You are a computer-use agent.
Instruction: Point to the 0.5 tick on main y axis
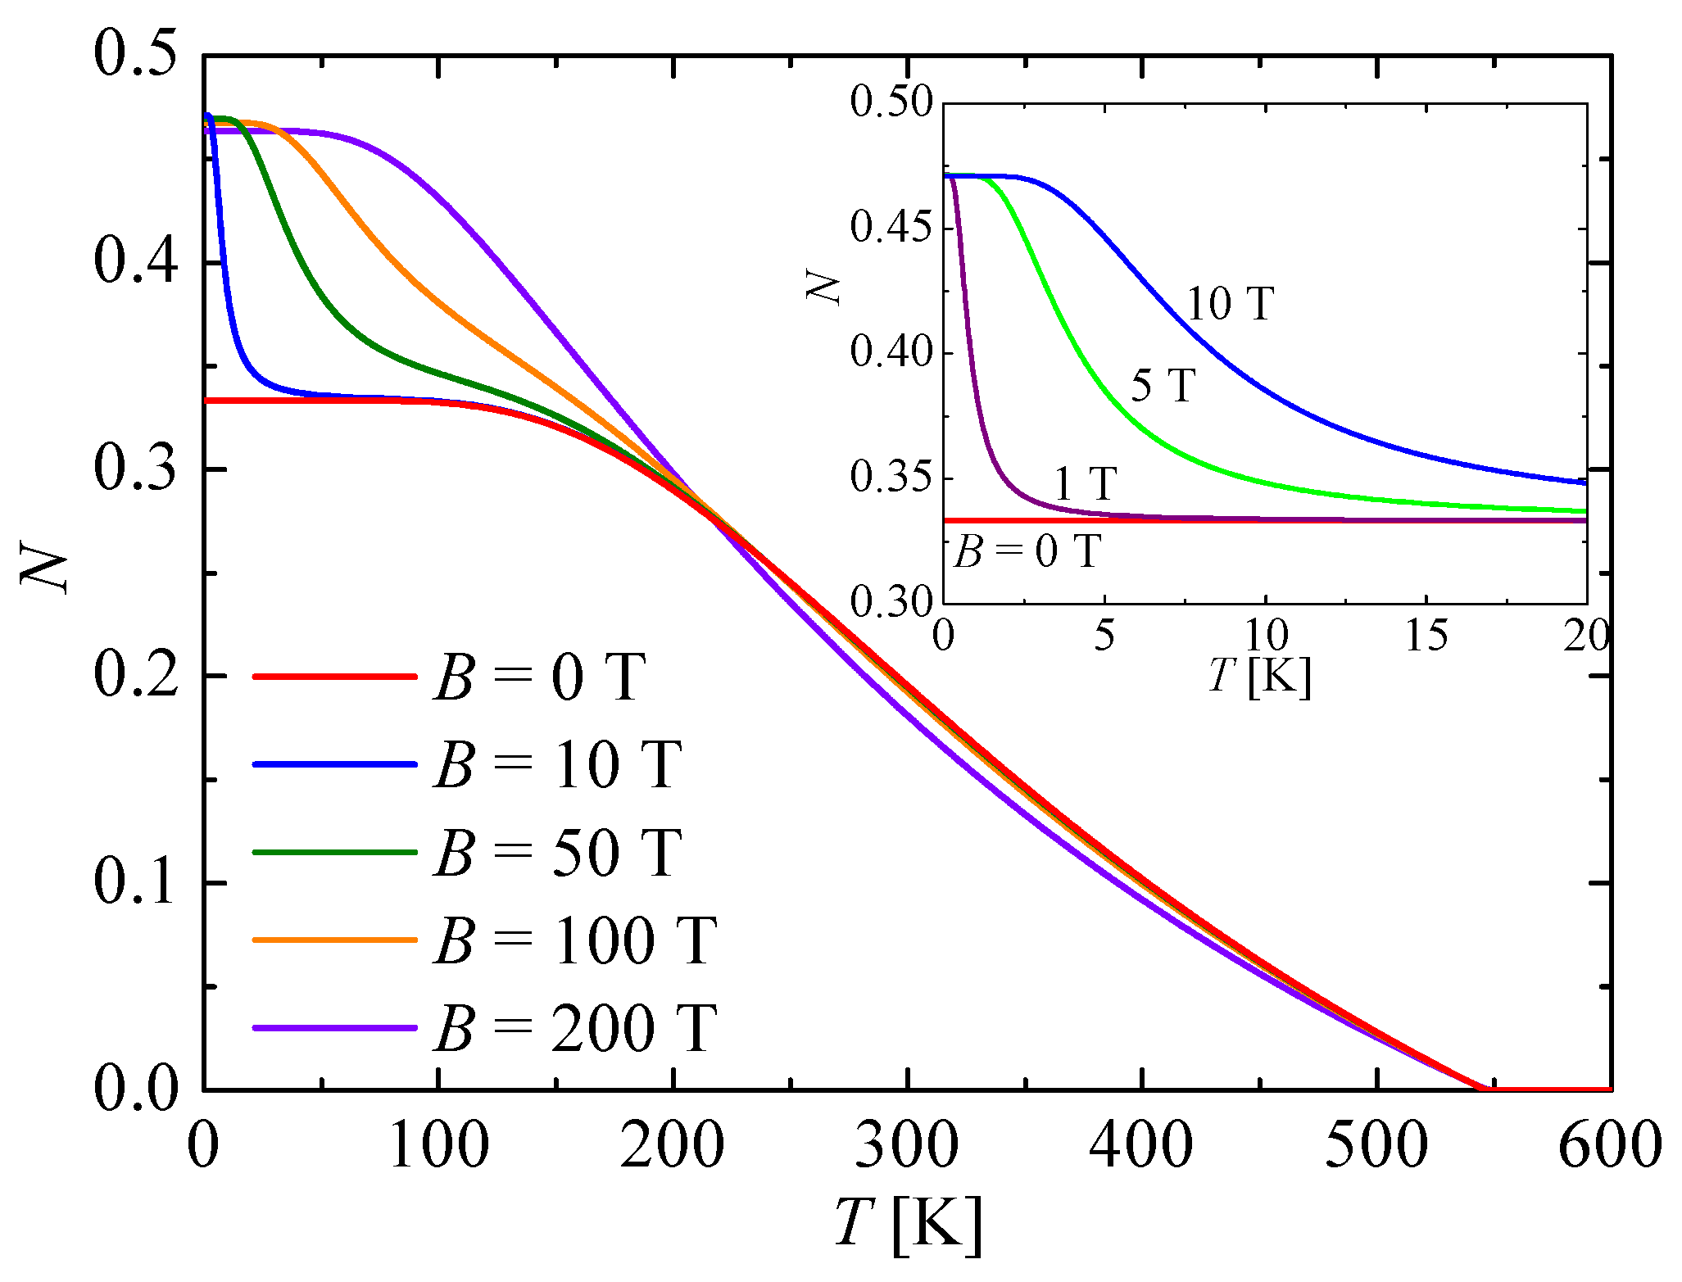pos(135,56)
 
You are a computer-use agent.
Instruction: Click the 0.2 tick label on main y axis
pos(135,676)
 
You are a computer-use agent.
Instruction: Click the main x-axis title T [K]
pos(908,1225)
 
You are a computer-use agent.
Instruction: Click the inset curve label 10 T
pos(1230,304)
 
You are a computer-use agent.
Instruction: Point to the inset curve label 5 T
pos(1163,384)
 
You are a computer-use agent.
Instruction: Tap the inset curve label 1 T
pos(1085,483)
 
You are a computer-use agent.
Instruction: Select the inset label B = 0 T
pos(1027,551)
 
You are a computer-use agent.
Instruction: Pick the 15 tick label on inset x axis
pos(1426,636)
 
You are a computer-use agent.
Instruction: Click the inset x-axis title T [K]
pos(1260,677)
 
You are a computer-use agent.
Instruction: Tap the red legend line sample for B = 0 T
pos(335,677)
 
